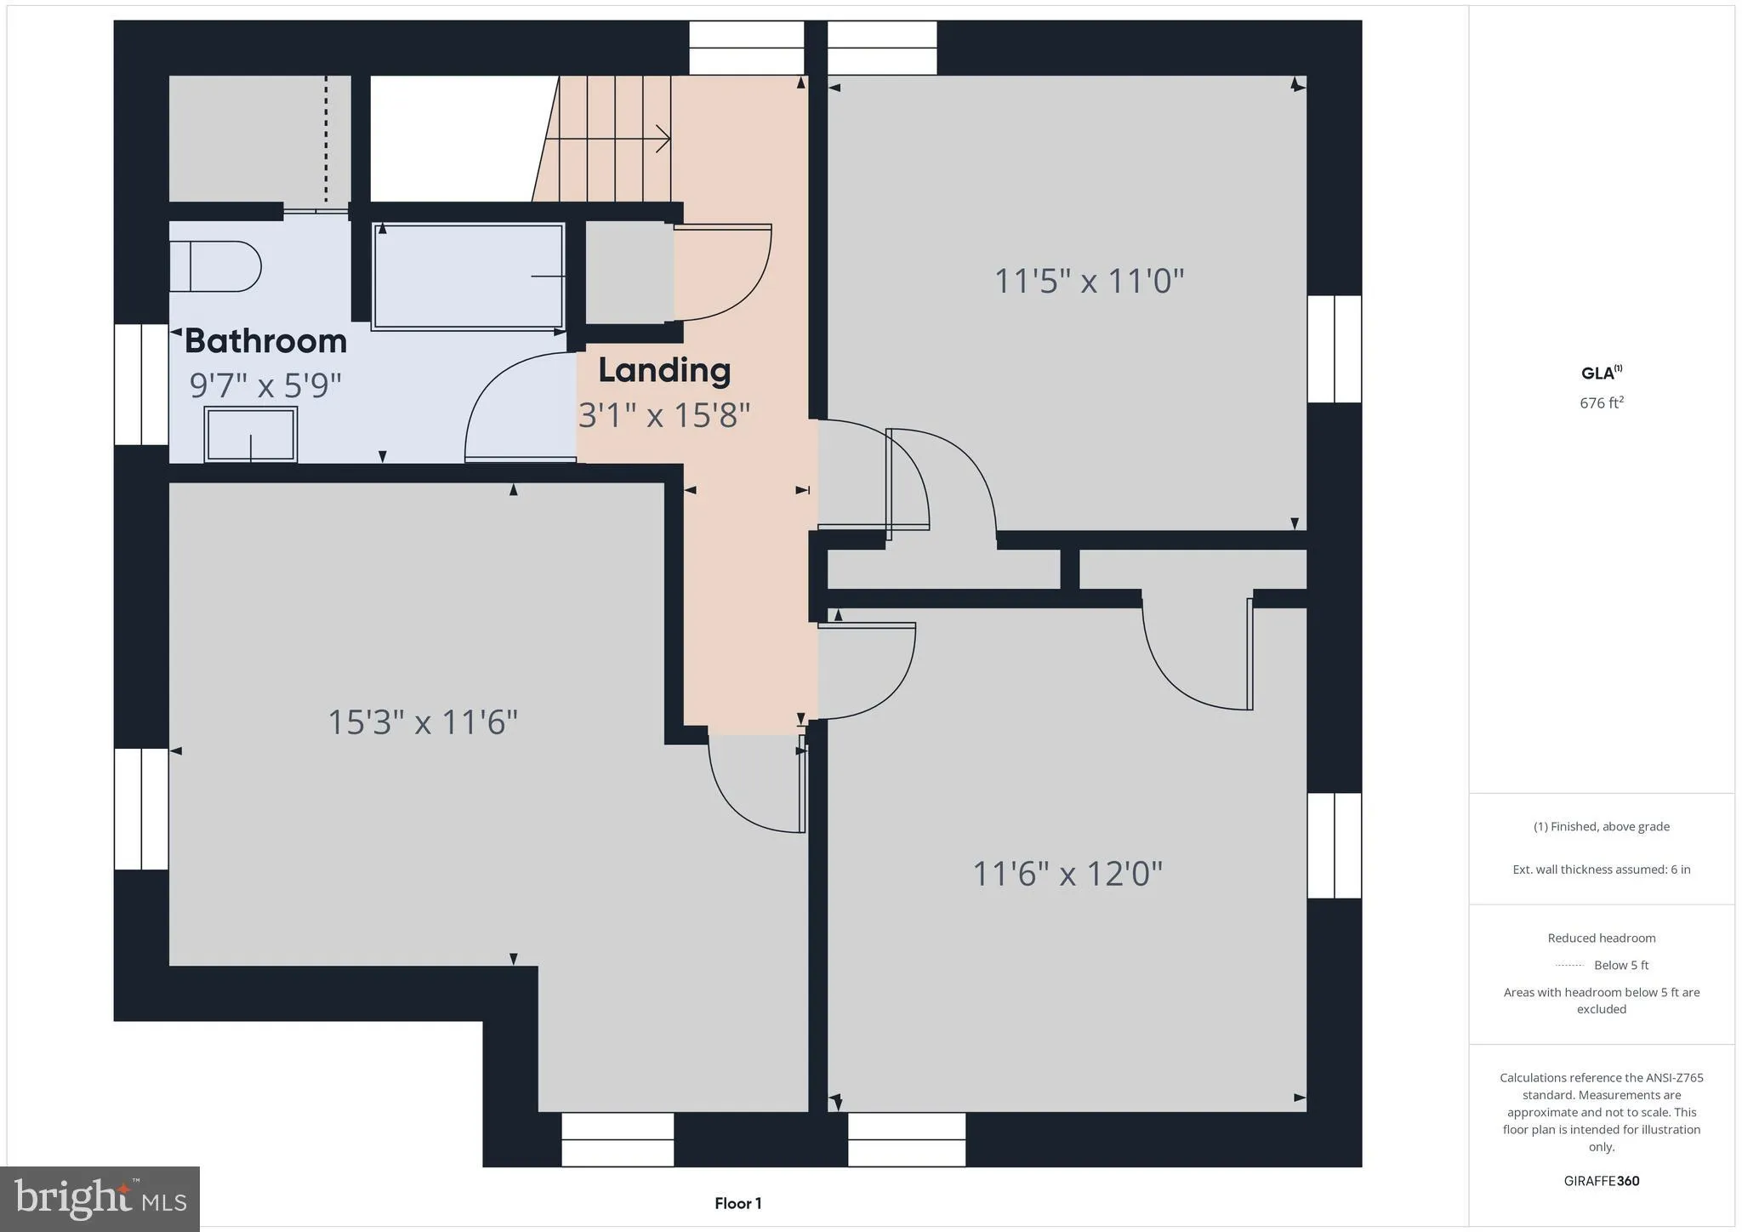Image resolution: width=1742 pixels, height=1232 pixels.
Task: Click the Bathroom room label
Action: pos(265,341)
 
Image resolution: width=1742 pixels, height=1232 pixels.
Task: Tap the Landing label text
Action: pos(664,371)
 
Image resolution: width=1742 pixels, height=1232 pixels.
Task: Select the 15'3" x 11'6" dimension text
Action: pos(423,722)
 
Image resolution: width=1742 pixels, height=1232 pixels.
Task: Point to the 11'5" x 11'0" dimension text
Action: pos(1089,281)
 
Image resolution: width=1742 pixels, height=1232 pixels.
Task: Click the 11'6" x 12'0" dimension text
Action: pos(1067,873)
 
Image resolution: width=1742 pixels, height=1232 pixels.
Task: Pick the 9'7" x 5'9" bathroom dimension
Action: pos(265,385)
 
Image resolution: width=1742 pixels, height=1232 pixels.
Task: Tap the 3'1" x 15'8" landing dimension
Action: pos(664,415)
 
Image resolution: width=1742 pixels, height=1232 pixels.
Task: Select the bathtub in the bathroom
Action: pos(468,276)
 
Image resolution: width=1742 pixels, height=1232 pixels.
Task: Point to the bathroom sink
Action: pos(251,434)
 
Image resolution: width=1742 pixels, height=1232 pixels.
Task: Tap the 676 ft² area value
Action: pos(1602,402)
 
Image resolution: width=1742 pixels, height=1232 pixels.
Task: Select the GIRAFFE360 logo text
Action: pos(1602,1181)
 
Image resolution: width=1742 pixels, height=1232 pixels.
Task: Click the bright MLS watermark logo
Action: pos(100,1199)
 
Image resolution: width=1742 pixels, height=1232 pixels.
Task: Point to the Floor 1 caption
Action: pos(737,1203)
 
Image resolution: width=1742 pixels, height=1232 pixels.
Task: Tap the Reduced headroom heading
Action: pos(1602,938)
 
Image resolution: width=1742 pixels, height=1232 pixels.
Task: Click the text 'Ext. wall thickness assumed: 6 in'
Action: pos(1602,870)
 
